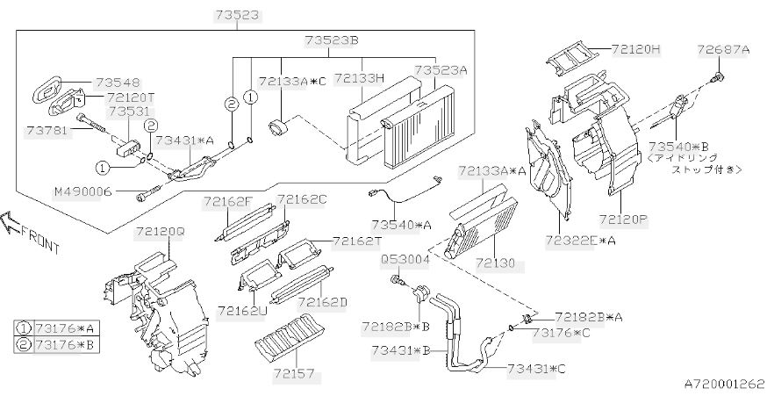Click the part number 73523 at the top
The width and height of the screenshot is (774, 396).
236,15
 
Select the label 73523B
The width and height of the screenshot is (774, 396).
331,40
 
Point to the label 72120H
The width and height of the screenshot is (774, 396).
635,49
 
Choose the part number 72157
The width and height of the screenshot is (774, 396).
293,374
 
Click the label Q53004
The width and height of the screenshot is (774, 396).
405,260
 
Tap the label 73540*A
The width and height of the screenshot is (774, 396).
402,225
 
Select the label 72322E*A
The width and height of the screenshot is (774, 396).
581,241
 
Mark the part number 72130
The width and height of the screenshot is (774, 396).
495,263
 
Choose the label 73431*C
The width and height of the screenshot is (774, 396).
536,369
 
